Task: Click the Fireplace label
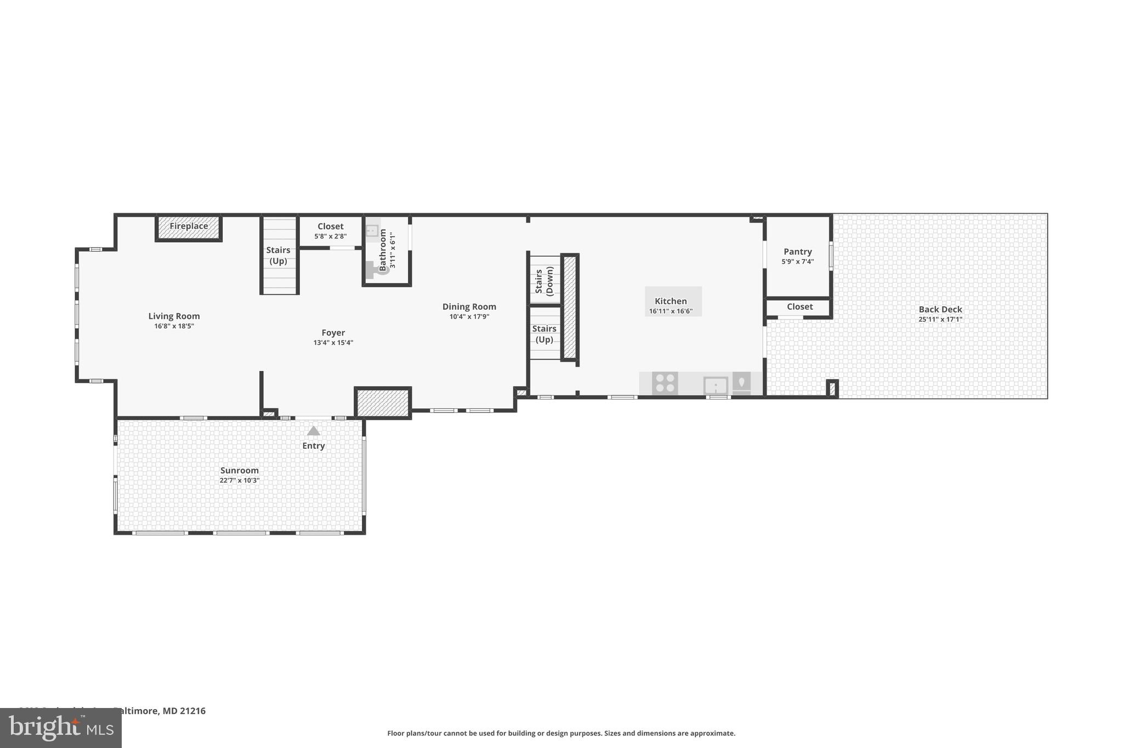189,226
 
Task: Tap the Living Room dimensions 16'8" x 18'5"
174,326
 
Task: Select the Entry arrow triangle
313,431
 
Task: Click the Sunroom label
239,470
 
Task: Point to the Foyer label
333,333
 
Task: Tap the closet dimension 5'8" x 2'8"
330,237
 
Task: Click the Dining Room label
469,307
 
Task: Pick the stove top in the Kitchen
665,382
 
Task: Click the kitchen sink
716,385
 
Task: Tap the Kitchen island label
671,301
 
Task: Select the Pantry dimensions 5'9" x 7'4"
797,261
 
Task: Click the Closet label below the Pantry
799,307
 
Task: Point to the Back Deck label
940,310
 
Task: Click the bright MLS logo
60,728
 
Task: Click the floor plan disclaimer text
561,733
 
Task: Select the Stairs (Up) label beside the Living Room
278,255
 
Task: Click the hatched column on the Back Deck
832,389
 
